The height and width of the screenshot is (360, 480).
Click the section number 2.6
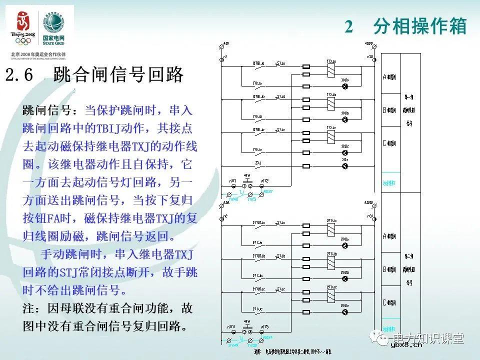tap(19, 75)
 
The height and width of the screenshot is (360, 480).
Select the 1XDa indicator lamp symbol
tap(344, 86)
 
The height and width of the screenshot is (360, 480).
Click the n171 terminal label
tap(232, 180)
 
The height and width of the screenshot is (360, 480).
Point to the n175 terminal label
tap(265, 326)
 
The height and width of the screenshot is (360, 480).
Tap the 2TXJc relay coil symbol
tap(330, 296)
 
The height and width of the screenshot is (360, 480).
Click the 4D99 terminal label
tap(369, 44)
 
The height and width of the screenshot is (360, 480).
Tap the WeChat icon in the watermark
tap(384, 338)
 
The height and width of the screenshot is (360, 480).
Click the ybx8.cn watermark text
tap(406, 348)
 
